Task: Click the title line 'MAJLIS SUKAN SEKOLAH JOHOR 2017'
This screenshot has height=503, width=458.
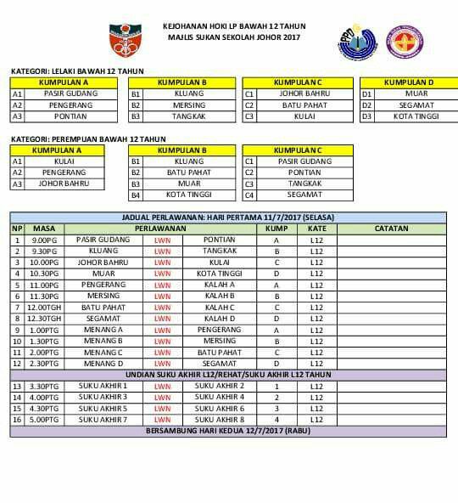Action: (x=234, y=37)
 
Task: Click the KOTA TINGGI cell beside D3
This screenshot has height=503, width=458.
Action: (x=416, y=116)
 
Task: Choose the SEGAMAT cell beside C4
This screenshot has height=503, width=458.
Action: (x=304, y=195)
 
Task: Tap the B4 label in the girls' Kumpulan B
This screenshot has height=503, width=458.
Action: (x=135, y=195)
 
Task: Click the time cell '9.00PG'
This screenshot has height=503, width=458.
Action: (x=44, y=240)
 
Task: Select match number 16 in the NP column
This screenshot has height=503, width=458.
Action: (x=17, y=420)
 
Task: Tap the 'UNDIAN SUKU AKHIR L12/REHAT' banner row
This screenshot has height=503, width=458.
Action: (x=228, y=374)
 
